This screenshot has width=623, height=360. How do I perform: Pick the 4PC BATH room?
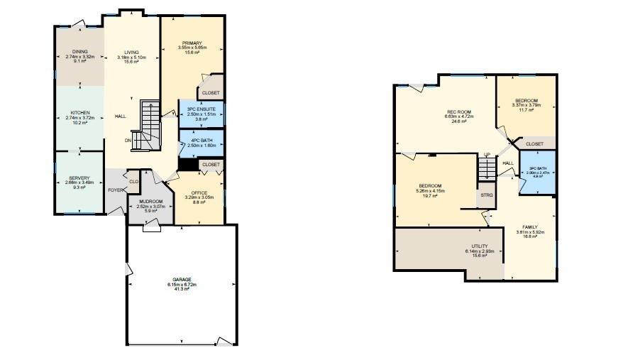[x=201, y=140]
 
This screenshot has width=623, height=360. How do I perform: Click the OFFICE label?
[x=199, y=192]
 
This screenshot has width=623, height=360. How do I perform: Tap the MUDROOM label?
[x=150, y=201]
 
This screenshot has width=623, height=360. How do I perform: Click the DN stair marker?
[x=128, y=140]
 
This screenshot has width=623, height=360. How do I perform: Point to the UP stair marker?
[x=487, y=154]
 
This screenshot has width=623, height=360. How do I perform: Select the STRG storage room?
[x=487, y=195]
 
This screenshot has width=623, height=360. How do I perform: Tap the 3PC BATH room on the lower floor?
[x=536, y=170]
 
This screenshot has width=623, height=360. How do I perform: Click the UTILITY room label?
[x=480, y=246]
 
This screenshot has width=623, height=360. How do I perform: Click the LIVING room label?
[x=132, y=52]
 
